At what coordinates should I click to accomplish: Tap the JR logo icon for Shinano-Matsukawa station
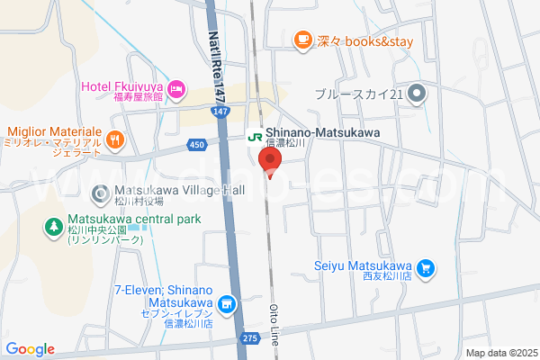click(x=255, y=138)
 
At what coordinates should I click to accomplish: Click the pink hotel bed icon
click(x=176, y=86)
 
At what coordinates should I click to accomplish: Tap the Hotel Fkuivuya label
click(x=123, y=86)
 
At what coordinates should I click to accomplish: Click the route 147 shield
click(x=221, y=111)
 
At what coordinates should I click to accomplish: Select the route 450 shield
click(x=198, y=143)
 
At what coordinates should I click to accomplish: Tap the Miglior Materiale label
click(x=56, y=131)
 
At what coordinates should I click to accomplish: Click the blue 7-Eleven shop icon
click(x=228, y=304)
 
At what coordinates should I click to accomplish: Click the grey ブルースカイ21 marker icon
click(x=417, y=94)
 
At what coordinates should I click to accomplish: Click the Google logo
click(x=30, y=349)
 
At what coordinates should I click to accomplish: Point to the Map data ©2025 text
click(x=500, y=353)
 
